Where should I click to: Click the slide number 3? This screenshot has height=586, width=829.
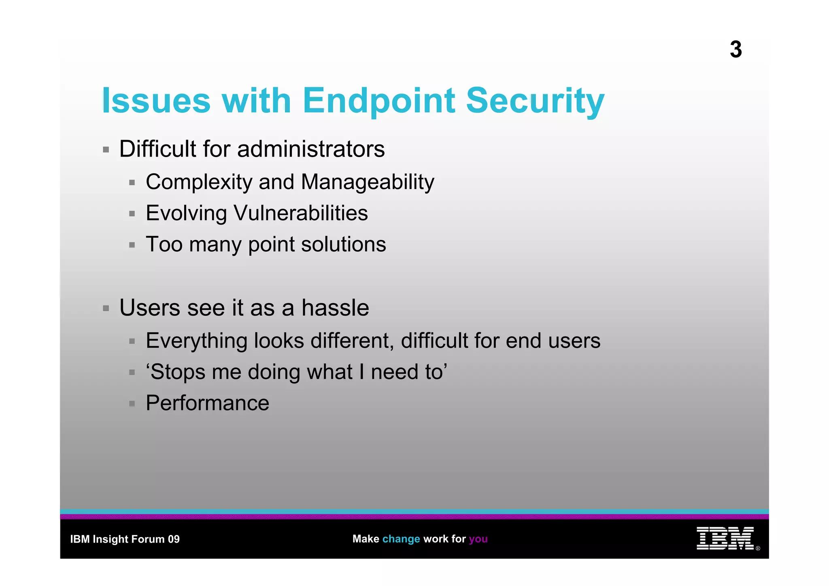pyautogui.click(x=735, y=50)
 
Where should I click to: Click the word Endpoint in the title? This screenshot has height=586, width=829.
pyautogui.click(x=379, y=101)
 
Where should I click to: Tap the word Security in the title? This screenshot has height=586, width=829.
pyautogui.click(x=535, y=101)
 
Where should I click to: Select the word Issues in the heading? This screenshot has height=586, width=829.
pyautogui.click(x=156, y=101)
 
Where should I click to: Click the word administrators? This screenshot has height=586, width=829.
pyautogui.click(x=311, y=149)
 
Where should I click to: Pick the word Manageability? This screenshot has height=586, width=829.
pyautogui.click(x=368, y=182)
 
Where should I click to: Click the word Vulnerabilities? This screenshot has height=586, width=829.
pyautogui.click(x=301, y=213)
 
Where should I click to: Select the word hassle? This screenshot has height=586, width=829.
pyautogui.click(x=335, y=308)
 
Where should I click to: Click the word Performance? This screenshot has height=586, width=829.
pyautogui.click(x=207, y=403)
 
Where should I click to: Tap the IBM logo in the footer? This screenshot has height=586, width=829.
pyautogui.click(x=725, y=538)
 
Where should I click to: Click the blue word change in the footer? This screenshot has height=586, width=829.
pyautogui.click(x=401, y=539)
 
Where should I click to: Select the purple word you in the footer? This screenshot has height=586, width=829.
pyautogui.click(x=478, y=539)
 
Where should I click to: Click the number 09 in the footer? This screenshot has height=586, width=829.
pyautogui.click(x=174, y=539)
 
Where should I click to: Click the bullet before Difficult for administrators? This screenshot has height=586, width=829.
pyautogui.click(x=106, y=150)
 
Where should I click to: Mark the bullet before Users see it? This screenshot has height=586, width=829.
pyautogui.click(x=106, y=309)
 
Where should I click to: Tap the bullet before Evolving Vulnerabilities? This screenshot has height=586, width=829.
pyautogui.click(x=132, y=214)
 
